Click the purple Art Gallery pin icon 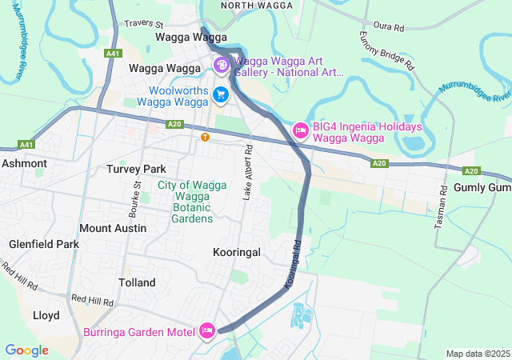(x=221, y=65)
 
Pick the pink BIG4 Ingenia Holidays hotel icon (x=301, y=130)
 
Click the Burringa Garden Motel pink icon (x=207, y=330)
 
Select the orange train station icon (x=206, y=137)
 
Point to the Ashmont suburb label (x=24, y=163)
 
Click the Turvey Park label (x=136, y=170)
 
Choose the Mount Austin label (x=113, y=228)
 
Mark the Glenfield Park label (x=44, y=244)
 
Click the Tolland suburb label (x=137, y=282)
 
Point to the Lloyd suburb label (x=46, y=315)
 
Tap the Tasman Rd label (x=440, y=209)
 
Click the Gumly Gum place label (x=482, y=186)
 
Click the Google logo (x=26, y=350)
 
